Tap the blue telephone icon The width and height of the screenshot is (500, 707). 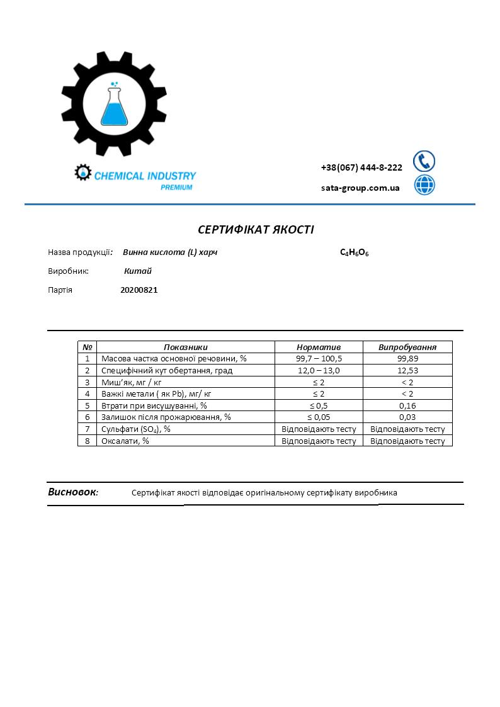tap(424, 161)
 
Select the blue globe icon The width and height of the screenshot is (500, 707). tap(424, 185)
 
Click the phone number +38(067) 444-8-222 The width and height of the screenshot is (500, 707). tap(361, 167)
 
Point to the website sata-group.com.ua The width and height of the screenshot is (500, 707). tap(360, 188)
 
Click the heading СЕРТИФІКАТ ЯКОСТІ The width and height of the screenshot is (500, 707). tap(256, 229)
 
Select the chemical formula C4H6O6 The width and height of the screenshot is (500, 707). tap(354, 252)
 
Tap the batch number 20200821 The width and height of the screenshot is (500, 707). tap(139, 290)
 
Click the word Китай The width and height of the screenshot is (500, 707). tap(138, 271)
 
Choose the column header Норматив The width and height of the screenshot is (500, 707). tap(319, 347)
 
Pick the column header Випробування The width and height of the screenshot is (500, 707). tap(407, 347)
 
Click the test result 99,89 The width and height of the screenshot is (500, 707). tap(407, 358)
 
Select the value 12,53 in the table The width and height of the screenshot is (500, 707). tap(407, 370)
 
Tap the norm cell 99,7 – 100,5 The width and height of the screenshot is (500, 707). tap(319, 358)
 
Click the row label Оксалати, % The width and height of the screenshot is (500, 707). tap(125, 441)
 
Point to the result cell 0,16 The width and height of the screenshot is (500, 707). tap(407, 405)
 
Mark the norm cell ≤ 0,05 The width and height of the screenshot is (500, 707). tap(319, 417)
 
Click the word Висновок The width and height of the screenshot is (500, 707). tap(72, 492)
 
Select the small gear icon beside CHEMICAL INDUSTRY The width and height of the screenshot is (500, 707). tap(82, 173)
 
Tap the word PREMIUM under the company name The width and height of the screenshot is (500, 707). tap(176, 188)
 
